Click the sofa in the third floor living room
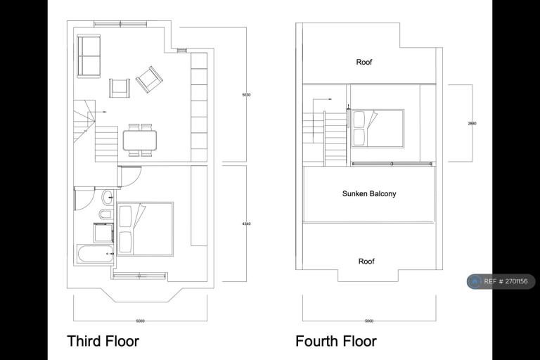click(x=89, y=56)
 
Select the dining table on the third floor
click(x=140, y=140)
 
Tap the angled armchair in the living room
click(x=149, y=79)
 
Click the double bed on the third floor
click(x=145, y=229)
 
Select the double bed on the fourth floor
click(x=377, y=128)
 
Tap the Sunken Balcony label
click(x=369, y=193)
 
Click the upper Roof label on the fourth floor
click(x=364, y=63)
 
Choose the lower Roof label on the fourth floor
click(x=366, y=262)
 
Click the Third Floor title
click(x=103, y=342)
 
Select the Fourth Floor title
click(x=335, y=342)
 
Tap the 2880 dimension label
click(x=472, y=124)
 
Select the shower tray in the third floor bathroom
click(x=103, y=233)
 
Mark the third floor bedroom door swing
click(x=131, y=176)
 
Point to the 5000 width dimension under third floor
click(x=141, y=321)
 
